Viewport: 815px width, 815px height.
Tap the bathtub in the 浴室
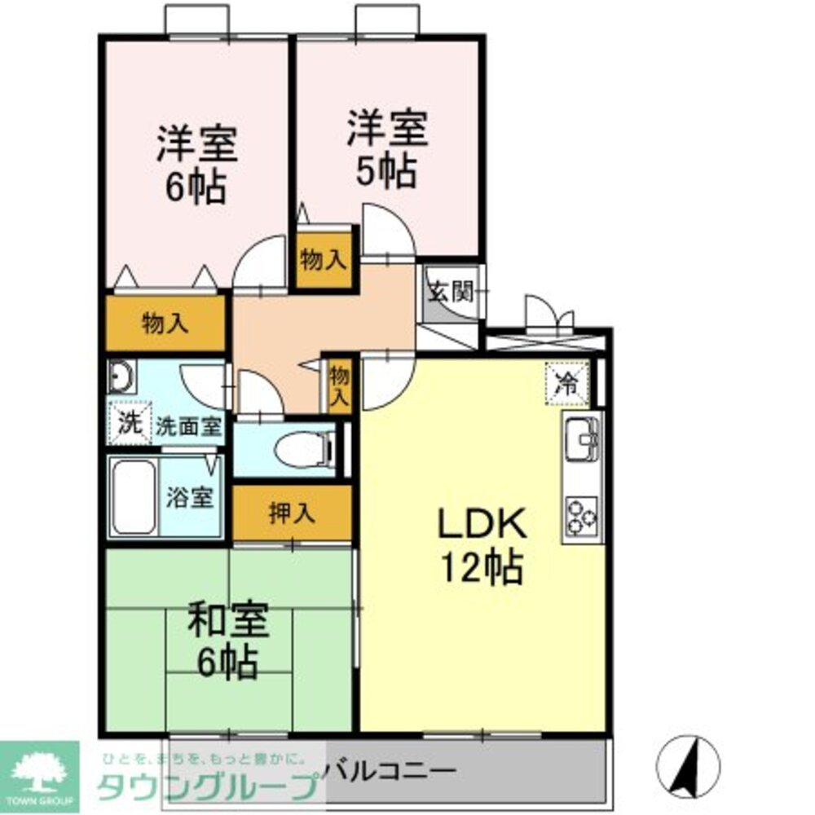point(134,497)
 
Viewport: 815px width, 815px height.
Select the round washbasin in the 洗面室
point(122,378)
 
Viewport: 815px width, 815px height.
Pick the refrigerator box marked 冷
point(566,384)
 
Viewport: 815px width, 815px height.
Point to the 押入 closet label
point(293,512)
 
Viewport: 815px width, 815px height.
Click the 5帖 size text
point(386,172)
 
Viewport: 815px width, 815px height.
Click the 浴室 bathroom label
point(190,498)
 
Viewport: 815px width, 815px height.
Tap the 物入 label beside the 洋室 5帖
point(324,261)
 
